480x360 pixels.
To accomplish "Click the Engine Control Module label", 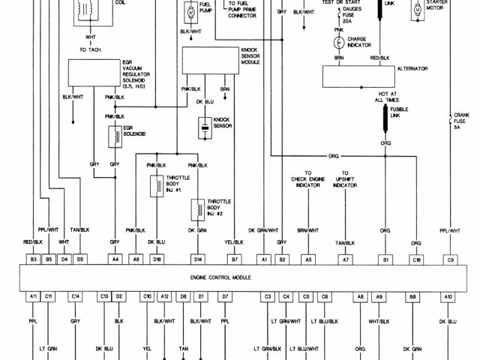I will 224,277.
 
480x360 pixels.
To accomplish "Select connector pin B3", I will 33,259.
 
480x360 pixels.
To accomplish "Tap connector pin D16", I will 156,259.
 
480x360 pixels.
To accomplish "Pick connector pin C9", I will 450,259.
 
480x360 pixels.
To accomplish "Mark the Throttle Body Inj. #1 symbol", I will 157,185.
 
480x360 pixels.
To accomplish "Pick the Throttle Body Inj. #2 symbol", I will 198,207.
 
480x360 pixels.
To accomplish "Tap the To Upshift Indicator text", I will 346,182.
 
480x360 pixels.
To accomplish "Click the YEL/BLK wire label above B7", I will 234,242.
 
